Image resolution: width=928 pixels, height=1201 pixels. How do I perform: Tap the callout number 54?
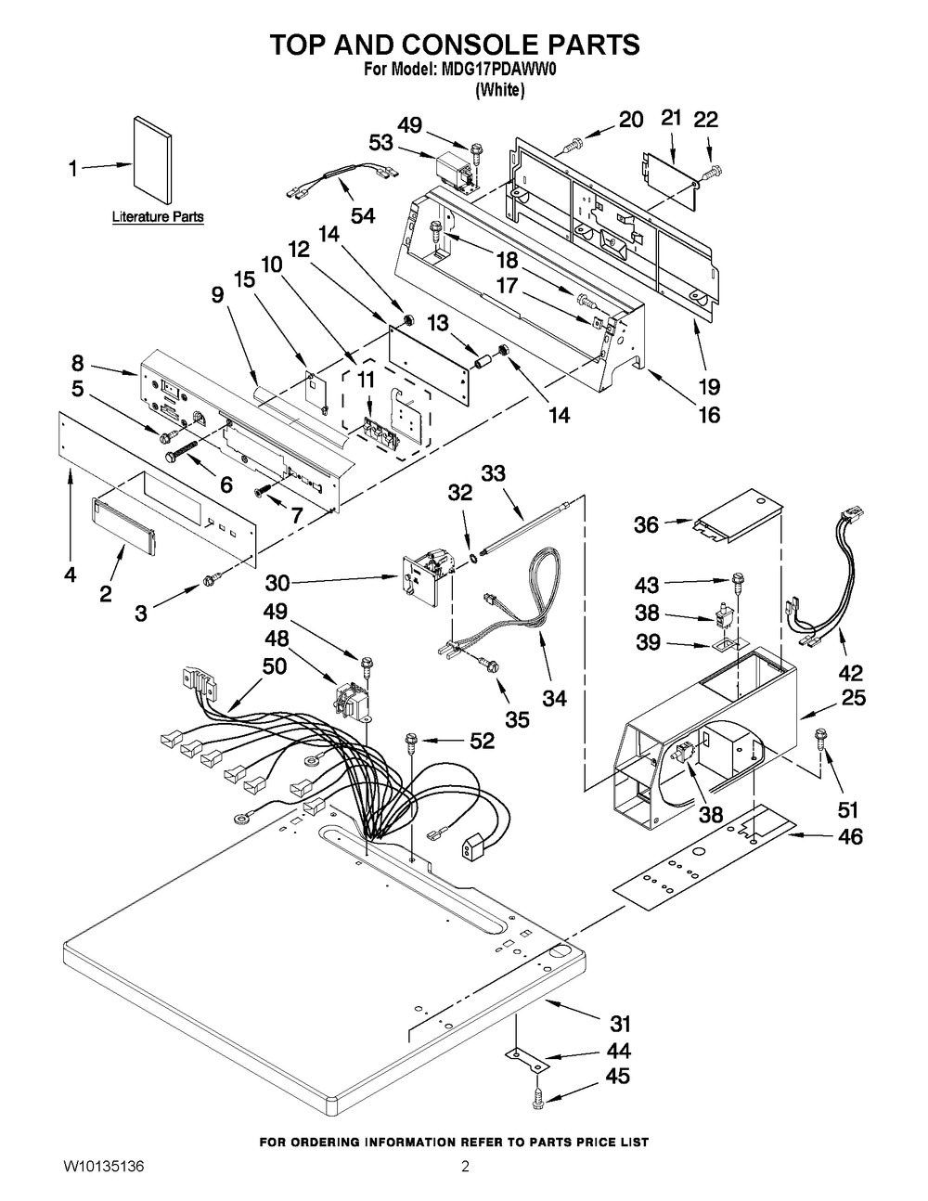(x=363, y=215)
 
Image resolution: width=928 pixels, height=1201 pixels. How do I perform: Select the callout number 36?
(x=647, y=525)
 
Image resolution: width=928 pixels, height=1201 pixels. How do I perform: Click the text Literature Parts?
(x=158, y=217)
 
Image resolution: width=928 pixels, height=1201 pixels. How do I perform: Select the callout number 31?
(x=619, y=1024)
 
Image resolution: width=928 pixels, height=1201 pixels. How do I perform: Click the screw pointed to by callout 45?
(x=537, y=1099)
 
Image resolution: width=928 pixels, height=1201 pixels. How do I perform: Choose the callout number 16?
(x=708, y=415)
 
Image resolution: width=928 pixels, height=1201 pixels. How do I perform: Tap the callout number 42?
(x=850, y=673)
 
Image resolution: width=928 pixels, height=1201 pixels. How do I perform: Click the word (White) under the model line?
(x=499, y=90)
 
